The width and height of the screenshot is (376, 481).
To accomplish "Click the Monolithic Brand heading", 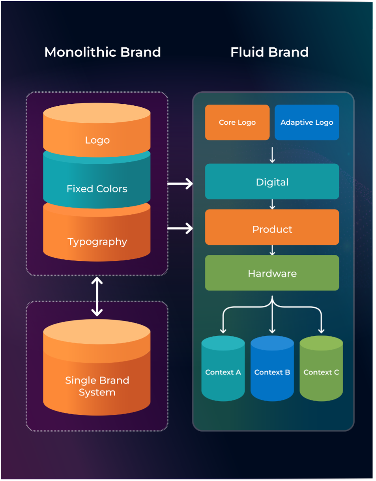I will [103, 52].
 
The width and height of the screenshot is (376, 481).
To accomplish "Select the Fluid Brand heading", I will [269, 52].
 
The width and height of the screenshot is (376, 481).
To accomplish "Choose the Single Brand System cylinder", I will [97, 379].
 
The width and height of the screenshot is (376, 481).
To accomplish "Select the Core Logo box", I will [237, 122].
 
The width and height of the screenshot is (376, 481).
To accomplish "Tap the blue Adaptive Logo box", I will [307, 122].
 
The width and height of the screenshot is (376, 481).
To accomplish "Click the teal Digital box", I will [272, 182].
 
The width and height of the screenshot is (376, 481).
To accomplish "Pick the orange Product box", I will [272, 229].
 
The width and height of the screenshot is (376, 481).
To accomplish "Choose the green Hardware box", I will [272, 273].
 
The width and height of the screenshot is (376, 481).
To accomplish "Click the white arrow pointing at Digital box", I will [180, 183].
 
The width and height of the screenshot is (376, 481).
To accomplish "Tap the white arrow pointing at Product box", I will [180, 228].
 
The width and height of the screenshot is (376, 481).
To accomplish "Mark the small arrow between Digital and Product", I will [272, 204].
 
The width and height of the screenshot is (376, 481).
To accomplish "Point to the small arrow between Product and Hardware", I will [272, 250].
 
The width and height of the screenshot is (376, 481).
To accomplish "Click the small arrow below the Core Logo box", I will [272, 155].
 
